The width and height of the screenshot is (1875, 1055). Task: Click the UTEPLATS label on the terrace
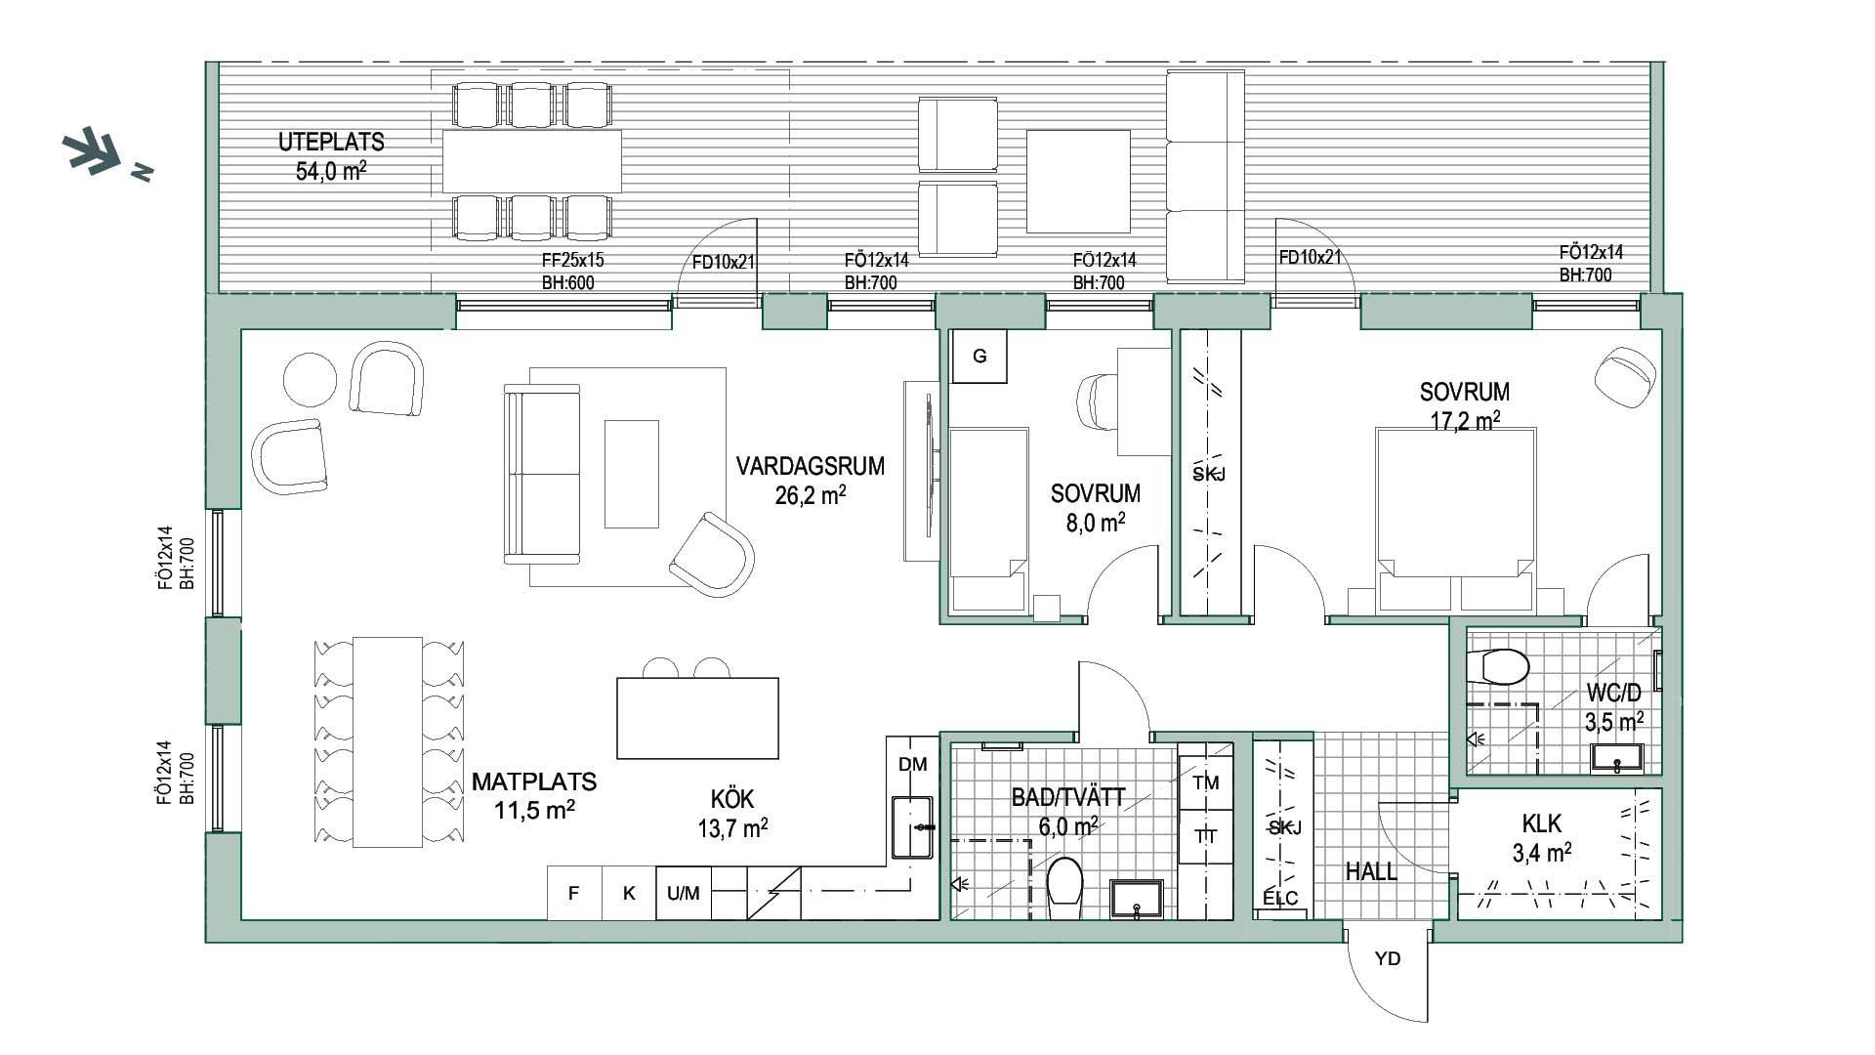pyautogui.click(x=331, y=142)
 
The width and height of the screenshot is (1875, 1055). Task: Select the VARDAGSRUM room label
pyautogui.click(x=811, y=466)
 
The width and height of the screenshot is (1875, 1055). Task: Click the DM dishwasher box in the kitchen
pyautogui.click(x=912, y=764)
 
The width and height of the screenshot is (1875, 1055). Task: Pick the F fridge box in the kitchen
pyautogui.click(x=573, y=893)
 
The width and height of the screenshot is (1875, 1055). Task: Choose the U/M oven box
pyautogui.click(x=684, y=893)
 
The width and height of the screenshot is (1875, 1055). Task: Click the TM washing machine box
pyautogui.click(x=1206, y=781)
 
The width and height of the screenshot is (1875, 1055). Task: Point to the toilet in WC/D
pyautogui.click(x=1504, y=667)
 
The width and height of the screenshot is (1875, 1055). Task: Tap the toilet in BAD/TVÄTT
pyautogui.click(x=1063, y=887)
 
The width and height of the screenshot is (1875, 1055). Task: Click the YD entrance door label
pyautogui.click(x=1388, y=958)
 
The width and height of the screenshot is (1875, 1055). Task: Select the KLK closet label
pyautogui.click(x=1541, y=824)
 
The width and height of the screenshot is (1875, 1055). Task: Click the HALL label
pyautogui.click(x=1371, y=871)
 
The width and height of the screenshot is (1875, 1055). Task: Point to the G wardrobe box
pyautogui.click(x=979, y=357)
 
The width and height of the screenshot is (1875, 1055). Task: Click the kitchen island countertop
pyautogui.click(x=697, y=718)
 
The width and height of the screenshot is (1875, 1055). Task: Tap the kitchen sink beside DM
pyautogui.click(x=912, y=827)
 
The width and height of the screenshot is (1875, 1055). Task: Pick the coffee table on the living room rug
pyautogui.click(x=631, y=474)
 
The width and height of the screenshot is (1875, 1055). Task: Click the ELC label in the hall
pyautogui.click(x=1280, y=898)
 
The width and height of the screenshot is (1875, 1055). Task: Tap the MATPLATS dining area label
pyautogui.click(x=534, y=781)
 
